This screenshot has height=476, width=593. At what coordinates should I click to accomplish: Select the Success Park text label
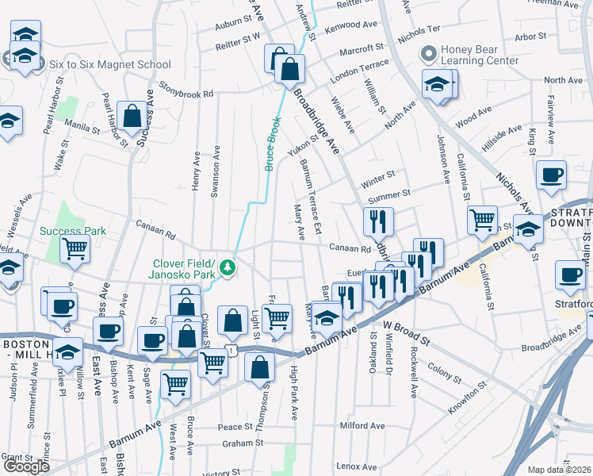[73, 231]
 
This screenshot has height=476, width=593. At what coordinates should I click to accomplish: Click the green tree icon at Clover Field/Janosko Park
[228, 267]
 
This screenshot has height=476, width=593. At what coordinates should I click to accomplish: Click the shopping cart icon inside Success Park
[75, 248]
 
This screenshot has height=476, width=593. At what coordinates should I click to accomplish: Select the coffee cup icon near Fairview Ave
[551, 175]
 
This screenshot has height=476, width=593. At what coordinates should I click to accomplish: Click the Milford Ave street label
[362, 425]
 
